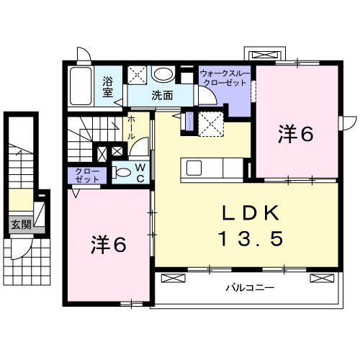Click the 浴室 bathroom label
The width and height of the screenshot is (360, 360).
pyautogui.click(x=108, y=86)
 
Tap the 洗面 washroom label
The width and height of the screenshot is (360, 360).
pyautogui.click(x=163, y=94)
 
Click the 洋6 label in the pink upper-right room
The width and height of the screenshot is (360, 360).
pyautogui.click(x=296, y=133)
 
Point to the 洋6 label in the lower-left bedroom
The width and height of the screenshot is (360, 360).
pyautogui.click(x=109, y=245)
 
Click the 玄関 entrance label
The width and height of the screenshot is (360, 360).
pyautogui.click(x=19, y=224)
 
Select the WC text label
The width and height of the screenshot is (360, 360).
pyautogui.click(x=140, y=173)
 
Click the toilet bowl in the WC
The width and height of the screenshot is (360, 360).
pyautogui.click(x=122, y=173)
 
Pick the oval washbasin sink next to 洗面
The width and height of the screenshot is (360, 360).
pyautogui.click(x=163, y=74)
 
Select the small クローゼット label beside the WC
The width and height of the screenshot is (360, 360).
pyautogui.click(x=88, y=174)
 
